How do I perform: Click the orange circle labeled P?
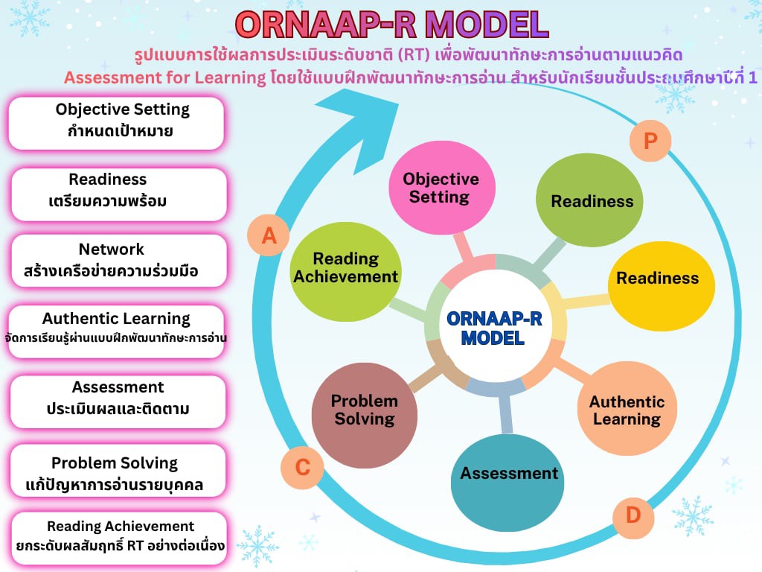(x=650, y=141)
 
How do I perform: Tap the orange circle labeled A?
(x=269, y=235)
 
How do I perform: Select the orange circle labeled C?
(x=302, y=468)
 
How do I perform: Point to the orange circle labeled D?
(x=633, y=515)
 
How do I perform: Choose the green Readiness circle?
(x=592, y=201)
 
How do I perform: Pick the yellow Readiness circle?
(x=657, y=279)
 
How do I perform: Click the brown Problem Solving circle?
(x=364, y=410)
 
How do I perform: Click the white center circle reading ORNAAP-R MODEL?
(x=494, y=327)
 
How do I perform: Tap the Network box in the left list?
(x=118, y=260)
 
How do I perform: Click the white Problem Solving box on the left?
(x=118, y=471)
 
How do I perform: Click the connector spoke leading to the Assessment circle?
(x=506, y=413)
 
